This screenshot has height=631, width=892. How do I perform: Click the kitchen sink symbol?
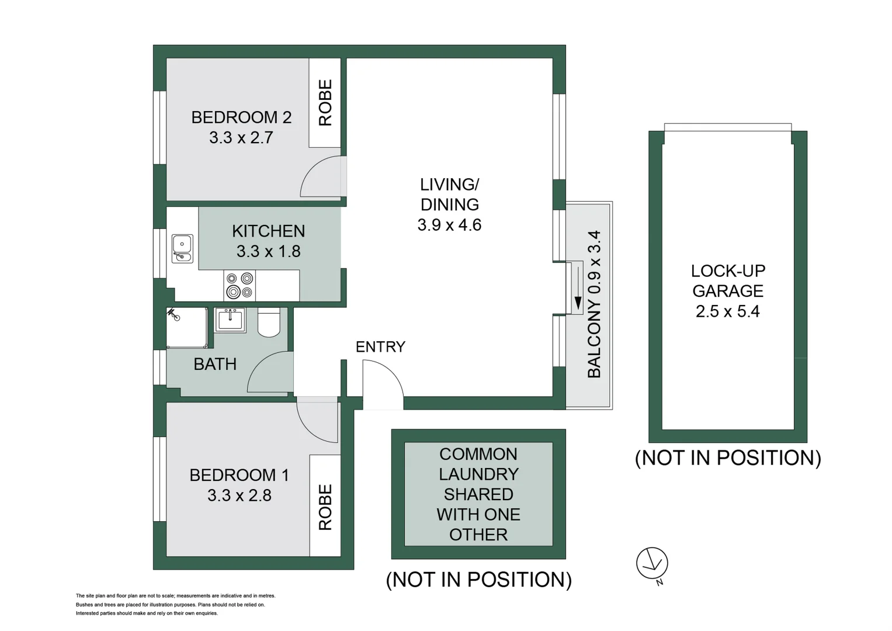click(182, 248)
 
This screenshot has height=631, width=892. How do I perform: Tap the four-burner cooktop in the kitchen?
click(240, 286)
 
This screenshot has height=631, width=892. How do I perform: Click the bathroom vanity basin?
click(231, 319)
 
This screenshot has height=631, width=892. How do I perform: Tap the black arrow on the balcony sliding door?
click(578, 303)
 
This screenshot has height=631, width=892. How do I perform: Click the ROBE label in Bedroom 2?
click(325, 103)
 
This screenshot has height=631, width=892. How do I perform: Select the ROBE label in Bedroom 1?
click(325, 507)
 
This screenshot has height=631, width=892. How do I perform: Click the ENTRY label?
click(380, 347)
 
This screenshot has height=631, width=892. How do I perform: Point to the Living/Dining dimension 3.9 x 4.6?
click(449, 225)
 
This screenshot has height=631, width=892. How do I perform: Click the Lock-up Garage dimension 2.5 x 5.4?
click(727, 311)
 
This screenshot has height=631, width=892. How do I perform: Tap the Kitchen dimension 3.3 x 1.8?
click(268, 251)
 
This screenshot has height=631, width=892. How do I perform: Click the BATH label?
click(215, 364)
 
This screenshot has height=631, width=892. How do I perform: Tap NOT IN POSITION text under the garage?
click(728, 457)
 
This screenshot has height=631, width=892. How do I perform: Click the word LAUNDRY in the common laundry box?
click(478, 474)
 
